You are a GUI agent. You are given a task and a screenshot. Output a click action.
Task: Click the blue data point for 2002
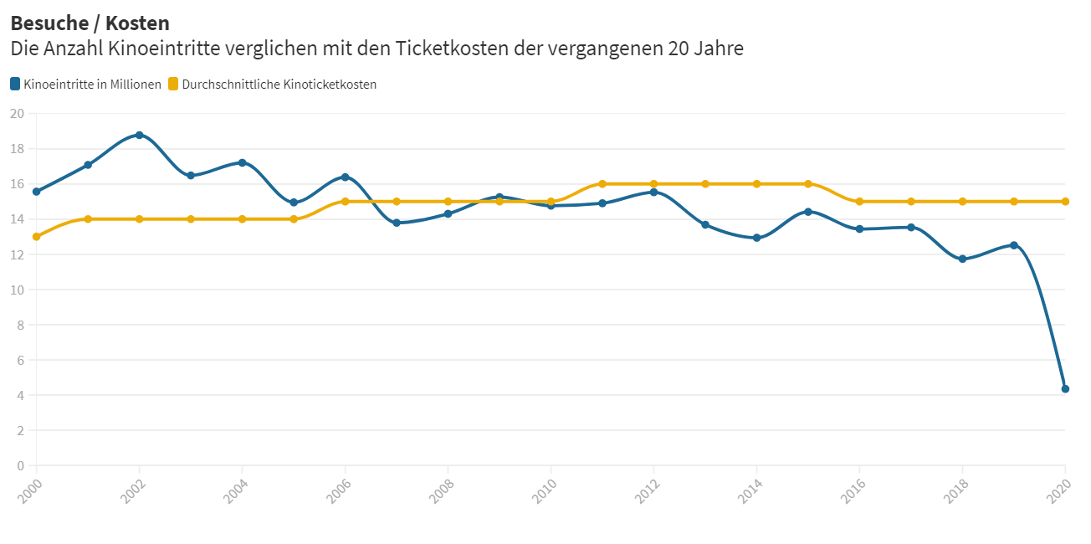[139, 135]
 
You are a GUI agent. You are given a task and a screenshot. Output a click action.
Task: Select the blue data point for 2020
[1065, 388]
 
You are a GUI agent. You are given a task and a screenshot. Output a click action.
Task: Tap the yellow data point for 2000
[36, 237]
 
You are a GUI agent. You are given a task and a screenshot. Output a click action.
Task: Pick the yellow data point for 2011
[602, 184]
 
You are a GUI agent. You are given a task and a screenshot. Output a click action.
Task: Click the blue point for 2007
[397, 223]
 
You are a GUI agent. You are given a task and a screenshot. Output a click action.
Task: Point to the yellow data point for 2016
[859, 202]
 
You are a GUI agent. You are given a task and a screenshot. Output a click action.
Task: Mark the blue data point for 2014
[756, 238]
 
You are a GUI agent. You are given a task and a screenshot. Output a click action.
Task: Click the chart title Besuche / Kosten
[90, 23]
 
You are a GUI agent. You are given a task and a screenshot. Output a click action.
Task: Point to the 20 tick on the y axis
[18, 114]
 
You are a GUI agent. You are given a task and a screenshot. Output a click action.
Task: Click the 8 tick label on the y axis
[21, 325]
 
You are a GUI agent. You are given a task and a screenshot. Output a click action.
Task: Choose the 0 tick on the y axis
[21, 465]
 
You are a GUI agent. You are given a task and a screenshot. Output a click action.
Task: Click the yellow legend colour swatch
[173, 84]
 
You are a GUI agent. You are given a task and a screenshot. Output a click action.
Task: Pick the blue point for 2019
[1014, 245]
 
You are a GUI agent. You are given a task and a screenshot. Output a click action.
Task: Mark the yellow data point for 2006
[345, 202]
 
